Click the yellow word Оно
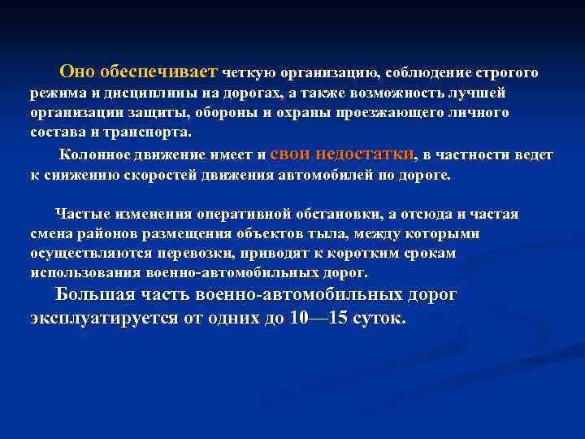[x=78, y=72]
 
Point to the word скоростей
[x=151, y=174]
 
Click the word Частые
[x=81, y=215]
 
